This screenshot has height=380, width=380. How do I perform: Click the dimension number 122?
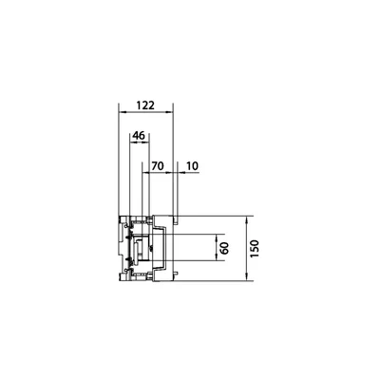coord(145,104)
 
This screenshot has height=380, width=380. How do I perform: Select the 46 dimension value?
coord(139,136)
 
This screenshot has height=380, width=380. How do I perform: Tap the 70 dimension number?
coord(157,165)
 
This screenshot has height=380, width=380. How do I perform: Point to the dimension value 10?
coord(192,165)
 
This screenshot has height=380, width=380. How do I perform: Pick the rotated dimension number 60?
coord(224,248)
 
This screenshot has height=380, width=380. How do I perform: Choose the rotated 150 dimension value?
coord(255,249)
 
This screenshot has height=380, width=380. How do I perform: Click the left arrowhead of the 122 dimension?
coord(121,112)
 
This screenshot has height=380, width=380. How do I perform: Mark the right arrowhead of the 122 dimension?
coord(171,112)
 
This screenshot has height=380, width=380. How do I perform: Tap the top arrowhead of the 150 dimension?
coord(247,218)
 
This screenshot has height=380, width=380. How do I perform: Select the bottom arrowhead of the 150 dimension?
coord(247,278)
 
